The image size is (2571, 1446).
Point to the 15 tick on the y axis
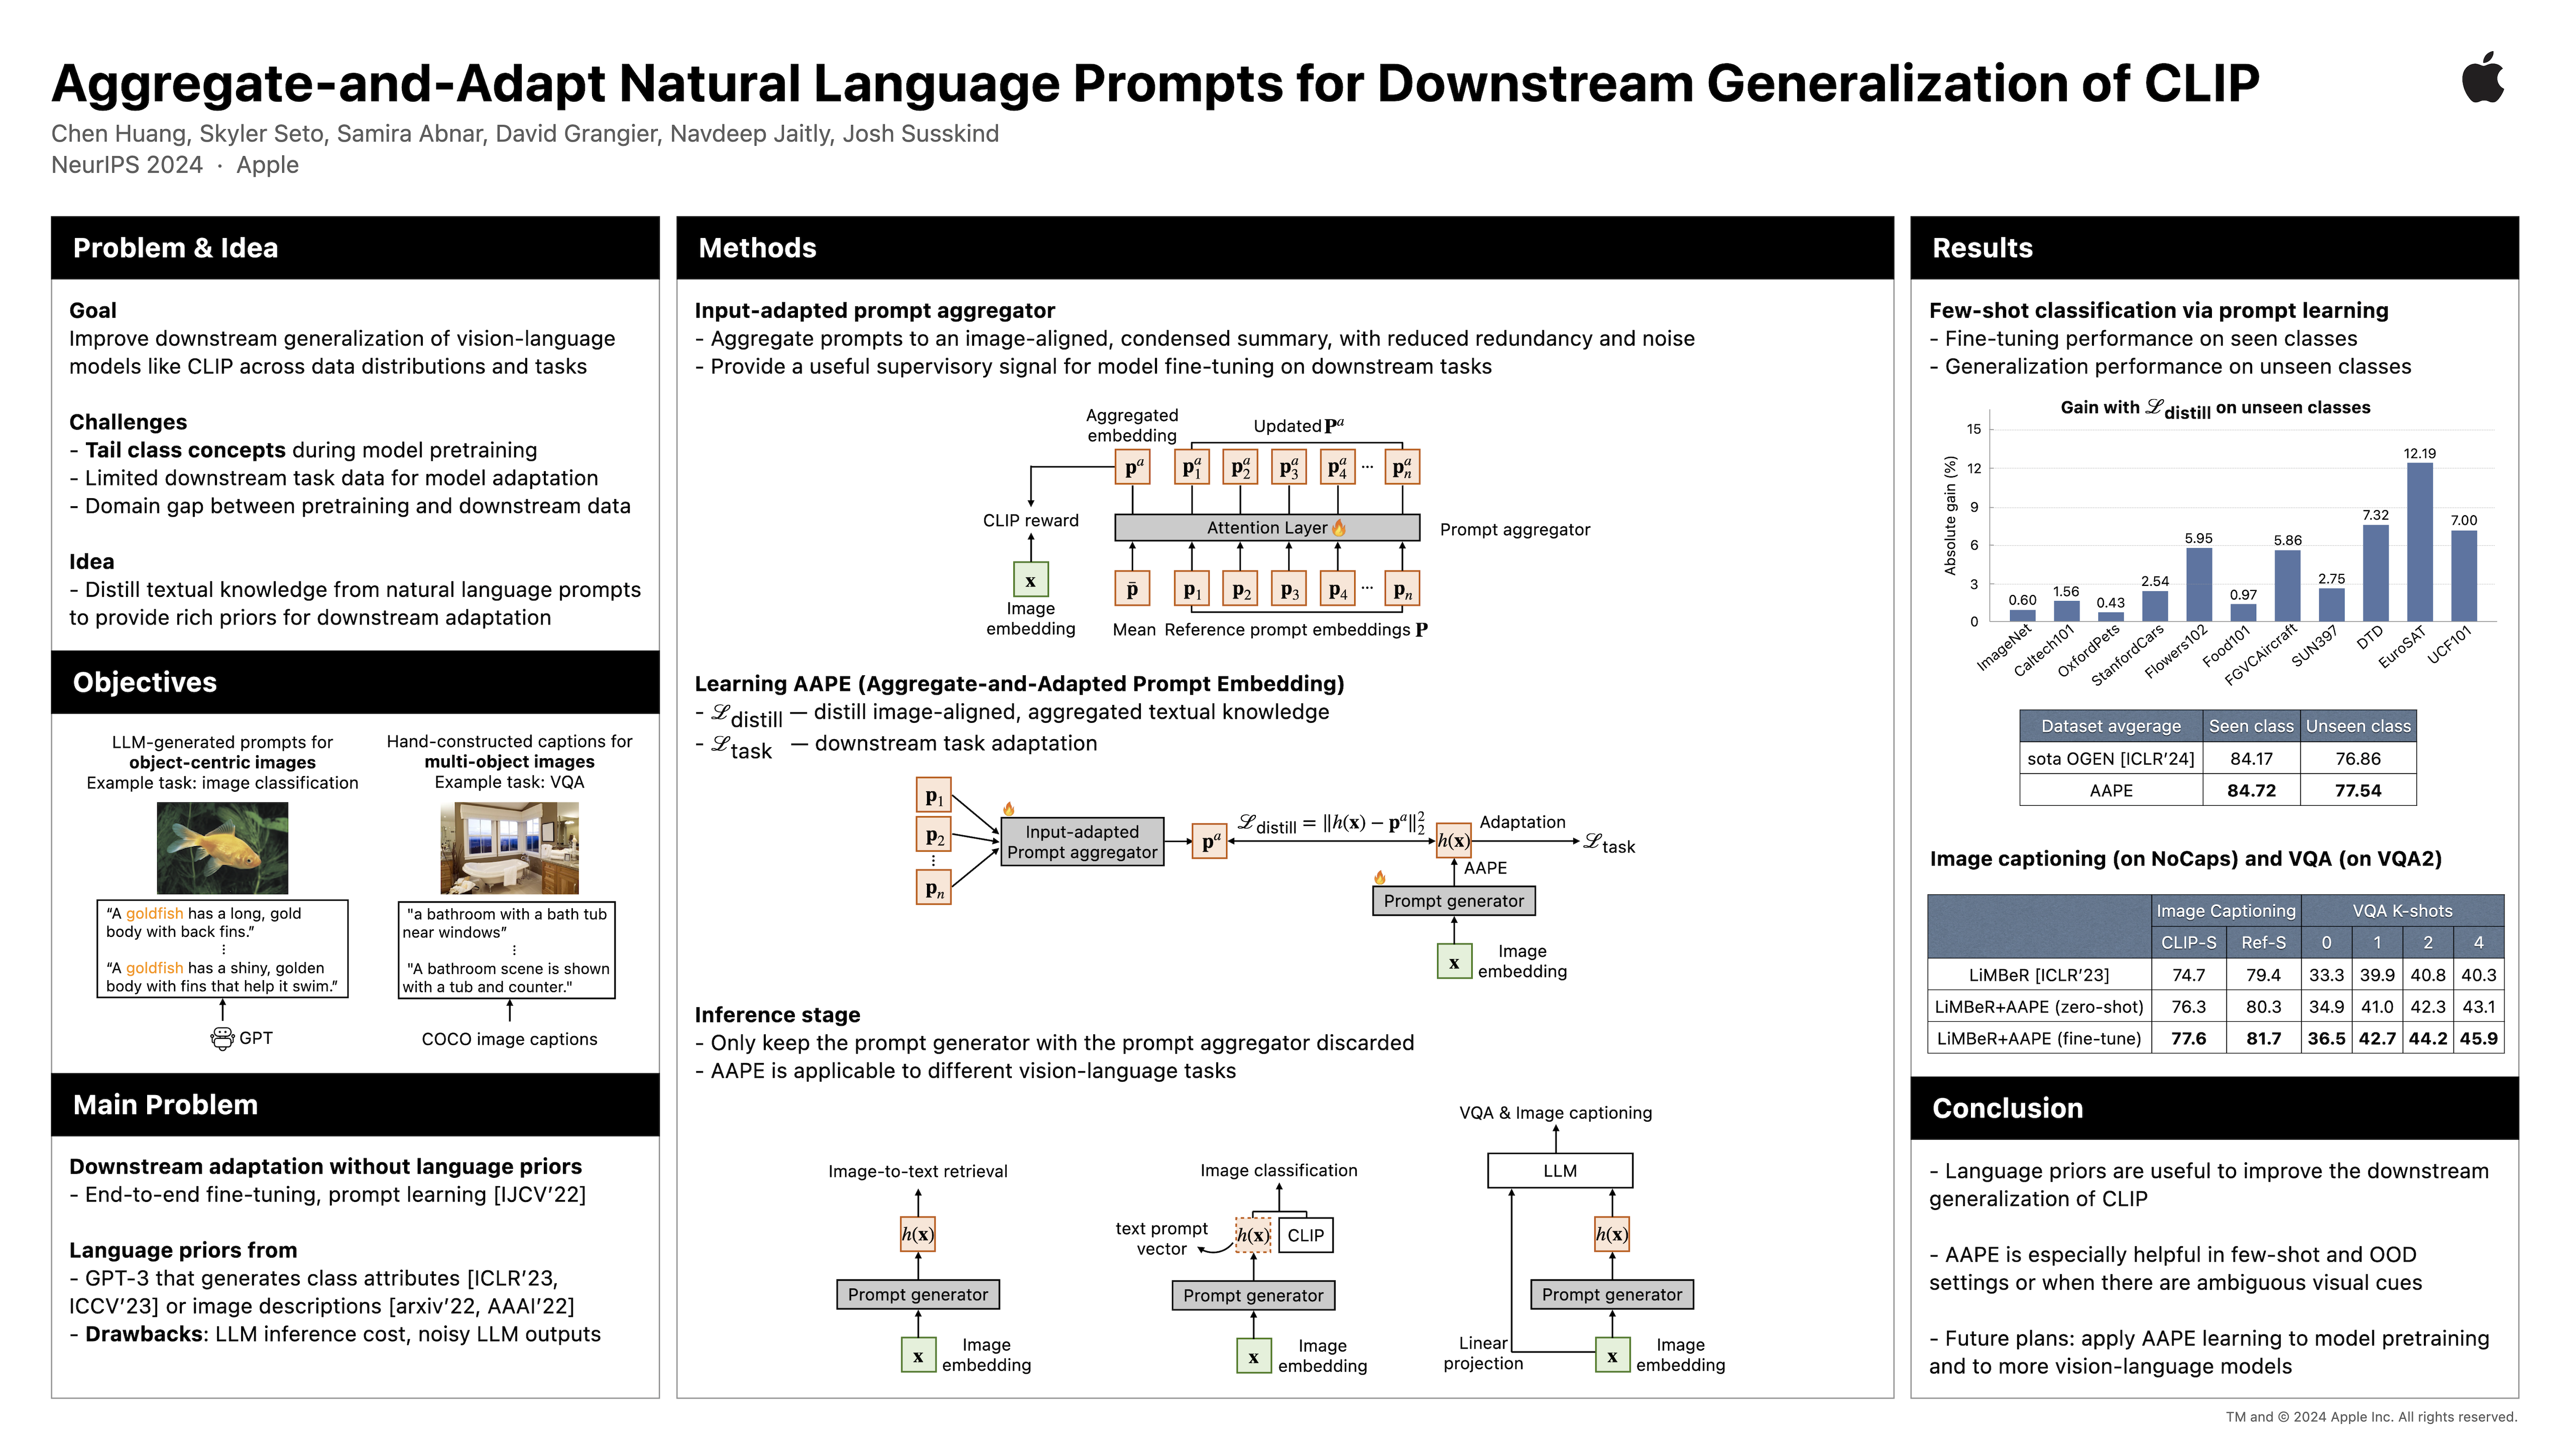coord(1973,429)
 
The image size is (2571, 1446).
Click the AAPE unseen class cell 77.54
coord(2358,790)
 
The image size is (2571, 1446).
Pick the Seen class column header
coord(2251,727)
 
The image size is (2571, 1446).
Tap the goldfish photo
coord(221,848)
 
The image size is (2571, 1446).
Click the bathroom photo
coord(509,848)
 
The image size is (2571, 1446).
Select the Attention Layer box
coord(1266,528)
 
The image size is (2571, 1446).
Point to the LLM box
coord(1559,1170)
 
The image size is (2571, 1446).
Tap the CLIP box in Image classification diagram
coord(1305,1236)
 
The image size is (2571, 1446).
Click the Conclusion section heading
coord(2007,1109)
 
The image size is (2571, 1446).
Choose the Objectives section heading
coord(145,683)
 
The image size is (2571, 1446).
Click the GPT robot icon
coord(222,1039)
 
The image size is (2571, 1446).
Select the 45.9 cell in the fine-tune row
coord(2478,1039)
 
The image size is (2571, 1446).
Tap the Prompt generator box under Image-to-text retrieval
coord(917,1294)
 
